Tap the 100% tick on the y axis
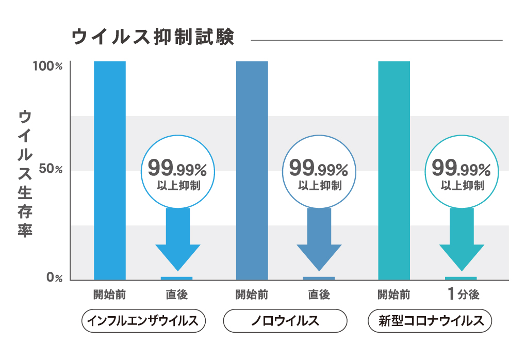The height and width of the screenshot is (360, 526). coord(47,67)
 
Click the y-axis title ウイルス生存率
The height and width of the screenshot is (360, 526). coord(25,173)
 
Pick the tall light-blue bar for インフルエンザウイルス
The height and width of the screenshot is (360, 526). coord(110,170)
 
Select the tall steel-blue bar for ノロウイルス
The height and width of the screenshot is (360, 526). coord(252,170)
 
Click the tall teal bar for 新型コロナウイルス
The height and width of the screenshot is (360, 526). coord(394,170)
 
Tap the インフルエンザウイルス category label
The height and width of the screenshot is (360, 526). coord(143,321)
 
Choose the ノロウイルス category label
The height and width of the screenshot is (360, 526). coord(285,321)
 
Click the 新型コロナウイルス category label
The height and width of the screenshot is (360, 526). coord(430,321)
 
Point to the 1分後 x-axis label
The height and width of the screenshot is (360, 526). coord(464,295)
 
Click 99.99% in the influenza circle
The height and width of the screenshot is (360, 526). coord(177,168)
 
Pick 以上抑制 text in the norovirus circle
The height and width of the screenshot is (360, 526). coord(320,186)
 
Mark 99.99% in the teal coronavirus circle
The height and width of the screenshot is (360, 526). coord(461,168)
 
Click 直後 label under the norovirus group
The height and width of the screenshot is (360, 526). coord(319,295)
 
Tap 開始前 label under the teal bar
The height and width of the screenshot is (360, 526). coord(394,295)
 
